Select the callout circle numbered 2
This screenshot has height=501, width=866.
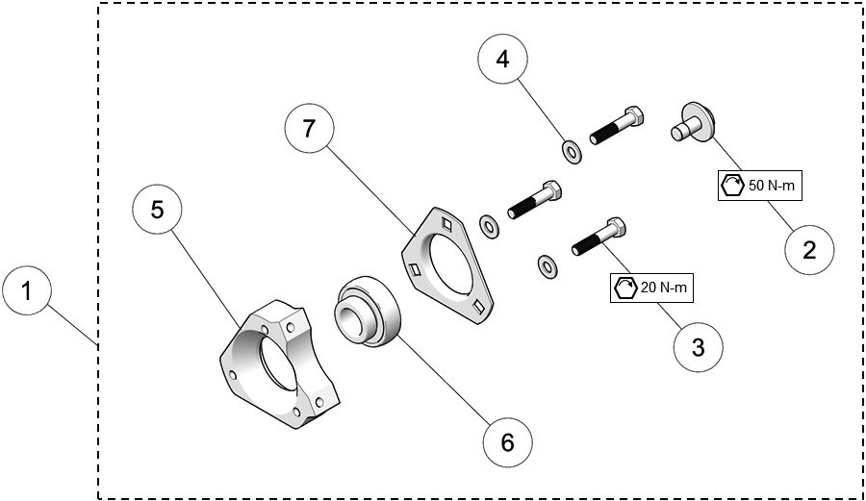click(808, 250)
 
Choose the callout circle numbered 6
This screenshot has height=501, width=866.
click(506, 441)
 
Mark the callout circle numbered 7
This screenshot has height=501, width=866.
click(310, 131)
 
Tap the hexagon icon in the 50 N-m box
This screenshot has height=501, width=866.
click(732, 185)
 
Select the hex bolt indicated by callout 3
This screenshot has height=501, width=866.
click(599, 238)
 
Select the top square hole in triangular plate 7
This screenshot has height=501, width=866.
click(446, 223)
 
